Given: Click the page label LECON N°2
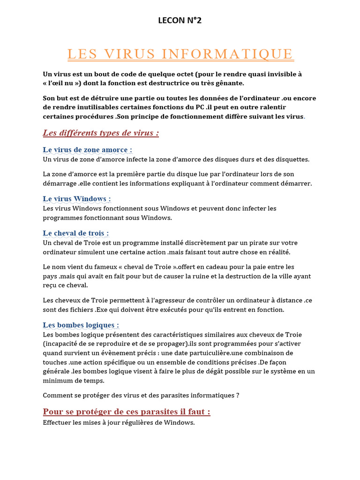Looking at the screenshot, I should coord(180,20).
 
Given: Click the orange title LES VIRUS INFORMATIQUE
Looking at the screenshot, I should coord(180,54).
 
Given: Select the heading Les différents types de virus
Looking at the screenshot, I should coord(101,133).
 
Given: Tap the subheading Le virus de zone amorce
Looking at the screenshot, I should coord(88,150).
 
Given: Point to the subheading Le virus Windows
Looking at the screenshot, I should coord(77,199).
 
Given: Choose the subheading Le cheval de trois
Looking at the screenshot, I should coord(76,233).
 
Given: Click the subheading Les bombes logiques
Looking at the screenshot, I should coord(81,325).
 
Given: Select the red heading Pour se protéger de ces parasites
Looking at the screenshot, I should coord(127,412).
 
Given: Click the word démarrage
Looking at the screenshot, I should coord(60,183).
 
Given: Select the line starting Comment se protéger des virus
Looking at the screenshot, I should coord(141,395).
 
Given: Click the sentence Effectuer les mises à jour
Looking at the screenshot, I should coord(119,423).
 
